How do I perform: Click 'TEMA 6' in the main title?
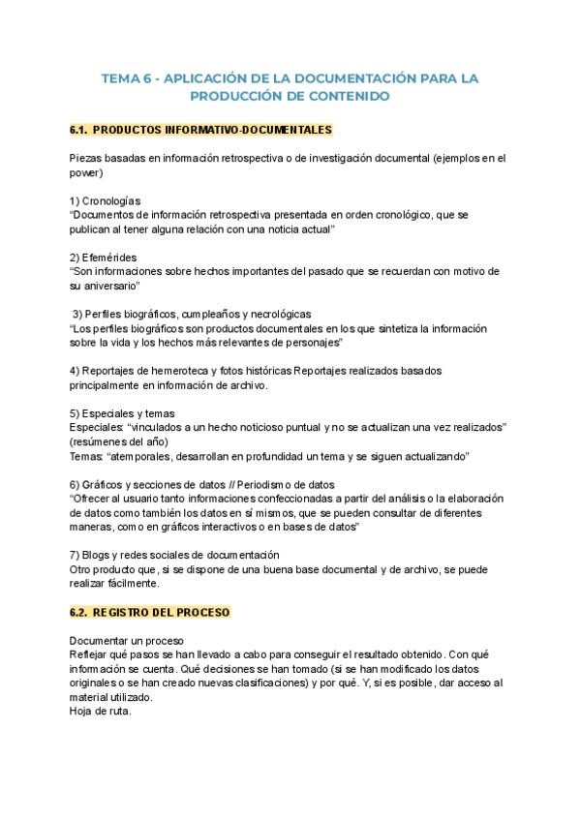pyautogui.click(x=125, y=77)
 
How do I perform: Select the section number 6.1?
pyautogui.click(x=79, y=129)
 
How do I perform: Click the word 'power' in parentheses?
pyautogui.click(x=85, y=173)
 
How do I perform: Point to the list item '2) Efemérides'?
pyautogui.click(x=104, y=257)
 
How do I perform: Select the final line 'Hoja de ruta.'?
pyautogui.click(x=101, y=712)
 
